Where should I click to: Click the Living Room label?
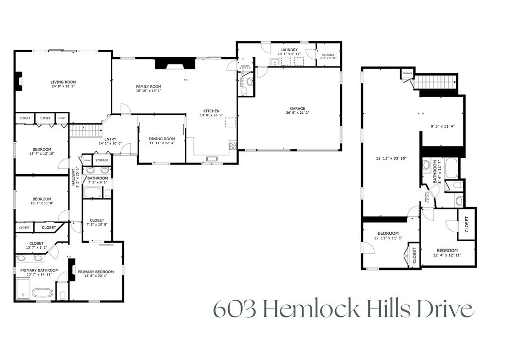63,82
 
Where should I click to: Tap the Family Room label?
149,87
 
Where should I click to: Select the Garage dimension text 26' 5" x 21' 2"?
298,113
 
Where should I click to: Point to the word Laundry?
289,50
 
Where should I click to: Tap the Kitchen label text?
211,111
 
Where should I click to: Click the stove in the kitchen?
232,146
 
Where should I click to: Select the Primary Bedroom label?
95,271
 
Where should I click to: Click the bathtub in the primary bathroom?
42,293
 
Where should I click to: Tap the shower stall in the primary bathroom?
23,289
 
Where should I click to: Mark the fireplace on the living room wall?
18,82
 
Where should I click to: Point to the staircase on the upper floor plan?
435,82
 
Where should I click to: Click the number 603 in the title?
234,309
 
